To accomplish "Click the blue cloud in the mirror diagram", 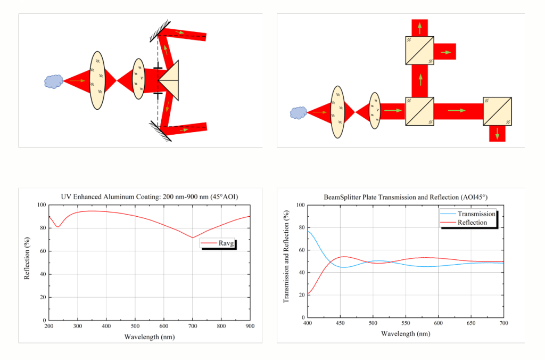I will click(53, 81).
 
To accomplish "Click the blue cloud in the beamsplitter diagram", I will click(299, 112).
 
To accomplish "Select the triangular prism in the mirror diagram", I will click(170, 80).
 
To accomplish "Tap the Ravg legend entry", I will click(218, 243).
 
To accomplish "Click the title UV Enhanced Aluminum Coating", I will click(150, 196).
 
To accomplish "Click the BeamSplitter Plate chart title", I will click(406, 197).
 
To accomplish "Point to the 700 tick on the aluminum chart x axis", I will click(193, 325).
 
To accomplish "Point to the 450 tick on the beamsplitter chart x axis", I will click(340, 323).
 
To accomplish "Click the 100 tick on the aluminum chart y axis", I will click(41, 205).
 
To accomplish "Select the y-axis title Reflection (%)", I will click(27, 263).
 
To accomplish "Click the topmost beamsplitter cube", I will click(420, 51).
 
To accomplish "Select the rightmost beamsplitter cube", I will click(497, 111).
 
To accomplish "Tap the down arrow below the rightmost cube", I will click(497, 134).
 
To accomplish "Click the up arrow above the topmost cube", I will click(420, 27).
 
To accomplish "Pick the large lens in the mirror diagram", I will click(97, 80).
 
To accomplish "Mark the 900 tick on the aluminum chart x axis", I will click(250, 325).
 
